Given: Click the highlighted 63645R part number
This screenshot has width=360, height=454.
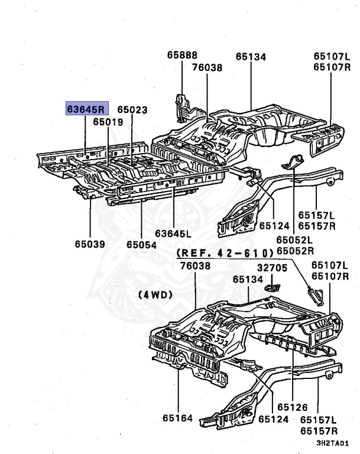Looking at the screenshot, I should pyautogui.click(x=86, y=109).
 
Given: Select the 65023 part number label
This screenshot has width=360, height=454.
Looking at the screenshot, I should pyautogui.click(x=132, y=109).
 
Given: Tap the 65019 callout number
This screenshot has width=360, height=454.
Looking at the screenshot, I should pyautogui.click(x=108, y=122).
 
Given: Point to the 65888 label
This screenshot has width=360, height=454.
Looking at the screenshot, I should pyautogui.click(x=182, y=54).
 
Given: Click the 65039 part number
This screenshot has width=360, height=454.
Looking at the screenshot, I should pyautogui.click(x=90, y=243).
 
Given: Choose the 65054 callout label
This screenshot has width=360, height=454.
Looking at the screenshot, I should pyautogui.click(x=141, y=243).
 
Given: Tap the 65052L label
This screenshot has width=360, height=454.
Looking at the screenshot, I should pyautogui.click(x=296, y=240).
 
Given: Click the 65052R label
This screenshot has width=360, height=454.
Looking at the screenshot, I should pyautogui.click(x=296, y=251).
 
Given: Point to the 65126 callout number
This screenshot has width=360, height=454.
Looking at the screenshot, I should pyautogui.click(x=293, y=407).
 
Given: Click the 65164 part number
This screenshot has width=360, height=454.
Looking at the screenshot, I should pyautogui.click(x=178, y=418).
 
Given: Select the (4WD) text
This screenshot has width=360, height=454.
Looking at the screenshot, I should pyautogui.click(x=155, y=294).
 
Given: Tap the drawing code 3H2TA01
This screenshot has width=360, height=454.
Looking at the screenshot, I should pyautogui.click(x=332, y=443).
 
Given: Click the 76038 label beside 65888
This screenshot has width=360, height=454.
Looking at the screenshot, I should pyautogui.click(x=207, y=67).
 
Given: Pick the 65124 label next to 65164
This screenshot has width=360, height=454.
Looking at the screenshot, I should pyautogui.click(x=274, y=419).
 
